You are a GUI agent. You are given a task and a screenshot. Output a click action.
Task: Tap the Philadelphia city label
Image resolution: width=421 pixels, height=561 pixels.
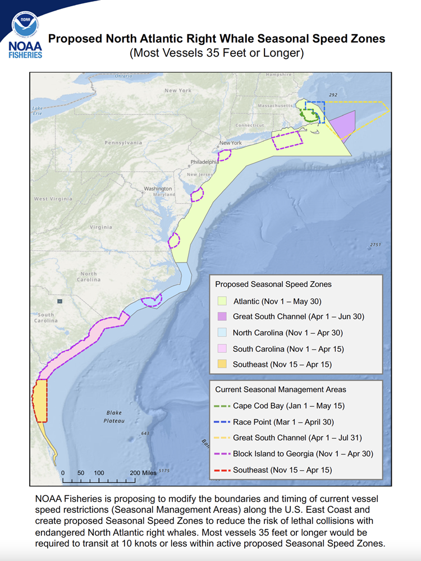[x=204, y=162]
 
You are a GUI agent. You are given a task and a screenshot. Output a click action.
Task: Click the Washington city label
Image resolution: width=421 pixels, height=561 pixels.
[x=158, y=188]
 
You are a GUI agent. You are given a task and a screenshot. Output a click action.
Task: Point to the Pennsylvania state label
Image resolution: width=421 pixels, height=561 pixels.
[x=123, y=142]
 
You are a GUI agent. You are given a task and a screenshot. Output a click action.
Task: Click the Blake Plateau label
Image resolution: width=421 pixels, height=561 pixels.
[x=114, y=416]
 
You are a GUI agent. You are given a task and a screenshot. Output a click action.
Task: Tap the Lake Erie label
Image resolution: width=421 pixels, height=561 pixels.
[x=38, y=111]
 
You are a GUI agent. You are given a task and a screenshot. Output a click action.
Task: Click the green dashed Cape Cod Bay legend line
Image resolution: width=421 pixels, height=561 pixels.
[x=222, y=406]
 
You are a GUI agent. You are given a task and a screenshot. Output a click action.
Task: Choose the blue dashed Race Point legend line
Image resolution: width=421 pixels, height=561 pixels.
[x=222, y=421]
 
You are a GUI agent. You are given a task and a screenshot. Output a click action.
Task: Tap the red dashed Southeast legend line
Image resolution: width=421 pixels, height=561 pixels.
[x=222, y=470]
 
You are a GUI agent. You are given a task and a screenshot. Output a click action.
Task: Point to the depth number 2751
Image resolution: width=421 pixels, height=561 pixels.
[x=376, y=245]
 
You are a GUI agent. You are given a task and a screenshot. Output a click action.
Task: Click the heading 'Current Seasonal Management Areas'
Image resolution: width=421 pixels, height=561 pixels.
[x=281, y=389]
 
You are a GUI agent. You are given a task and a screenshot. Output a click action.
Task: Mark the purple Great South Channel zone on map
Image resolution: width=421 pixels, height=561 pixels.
[x=342, y=124]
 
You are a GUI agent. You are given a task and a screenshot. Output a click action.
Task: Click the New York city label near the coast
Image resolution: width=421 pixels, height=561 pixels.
[x=231, y=143]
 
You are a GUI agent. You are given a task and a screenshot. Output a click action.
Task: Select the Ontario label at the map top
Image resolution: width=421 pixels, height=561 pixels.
[x=123, y=76]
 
